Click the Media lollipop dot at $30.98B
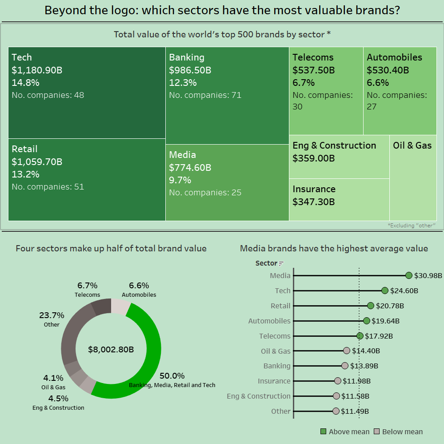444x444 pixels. pos(409,276)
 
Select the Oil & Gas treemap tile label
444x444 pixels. pos(412,145)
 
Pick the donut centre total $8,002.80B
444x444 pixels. pos(111,349)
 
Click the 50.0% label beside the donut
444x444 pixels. pos(172,376)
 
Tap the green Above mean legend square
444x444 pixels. pos(324,432)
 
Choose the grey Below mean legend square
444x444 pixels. pos(377,432)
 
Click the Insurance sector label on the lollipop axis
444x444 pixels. pos(274,381)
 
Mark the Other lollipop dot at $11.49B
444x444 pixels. pos(336,411)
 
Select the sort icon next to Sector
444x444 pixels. pos(281,264)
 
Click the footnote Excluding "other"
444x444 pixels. pos(411,226)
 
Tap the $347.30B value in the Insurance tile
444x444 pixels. pos(313,202)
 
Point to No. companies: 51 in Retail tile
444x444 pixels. pos(48,187)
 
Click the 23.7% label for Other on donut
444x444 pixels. pos(52,315)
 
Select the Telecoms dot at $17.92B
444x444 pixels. pos(360,336)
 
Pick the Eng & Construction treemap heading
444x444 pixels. pos(334,145)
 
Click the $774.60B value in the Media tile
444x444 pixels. pos(190,168)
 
